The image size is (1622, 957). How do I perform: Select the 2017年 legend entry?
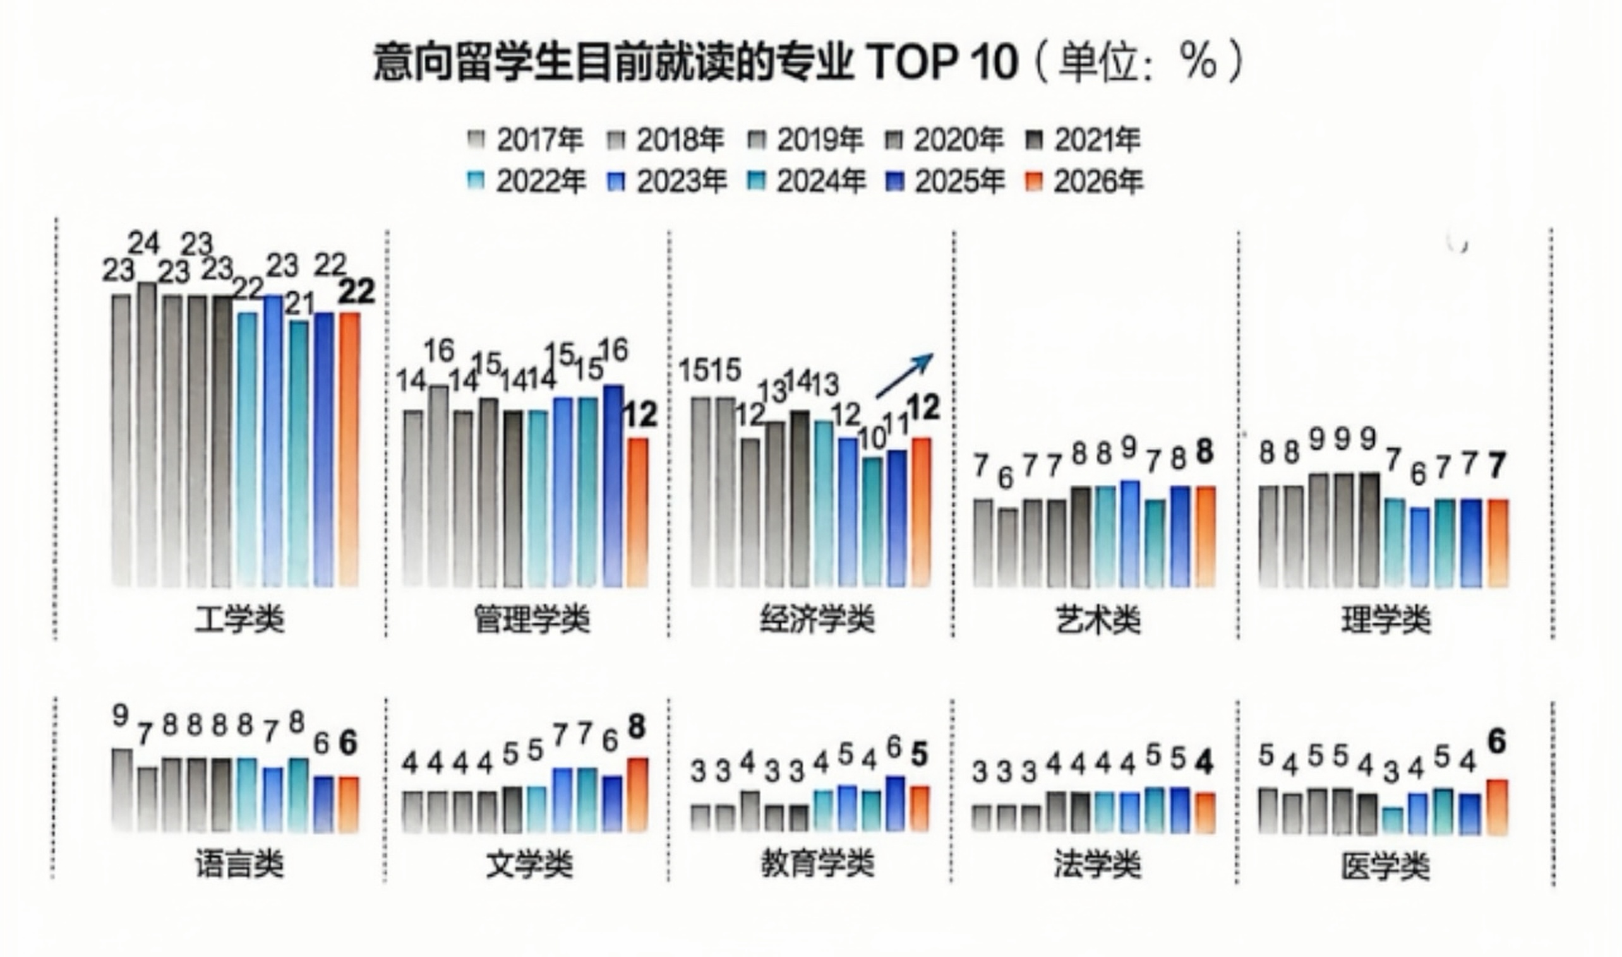(x=526, y=140)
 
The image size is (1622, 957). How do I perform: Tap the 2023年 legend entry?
(x=668, y=182)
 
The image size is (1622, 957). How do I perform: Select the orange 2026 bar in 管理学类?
(x=637, y=512)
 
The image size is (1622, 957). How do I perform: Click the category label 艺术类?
(x=1098, y=620)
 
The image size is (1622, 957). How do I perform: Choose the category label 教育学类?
(x=817, y=864)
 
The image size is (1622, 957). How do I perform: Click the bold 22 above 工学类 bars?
(x=357, y=294)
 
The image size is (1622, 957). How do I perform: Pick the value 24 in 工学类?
(x=143, y=244)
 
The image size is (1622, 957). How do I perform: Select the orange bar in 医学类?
(x=1497, y=807)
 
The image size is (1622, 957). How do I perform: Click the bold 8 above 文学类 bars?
(x=636, y=727)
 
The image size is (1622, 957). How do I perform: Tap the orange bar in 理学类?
(x=1498, y=542)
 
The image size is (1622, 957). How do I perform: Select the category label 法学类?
(x=1098, y=864)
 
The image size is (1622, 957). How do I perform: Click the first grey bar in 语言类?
(x=122, y=789)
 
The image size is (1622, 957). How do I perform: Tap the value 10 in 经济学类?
(x=873, y=439)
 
